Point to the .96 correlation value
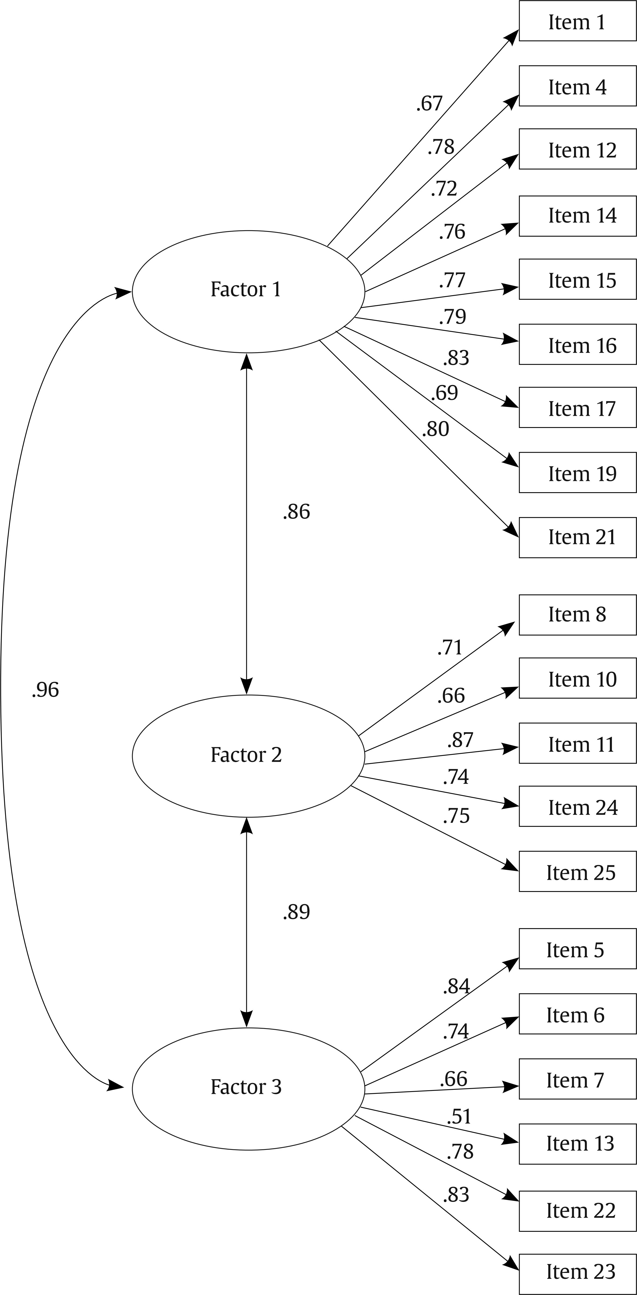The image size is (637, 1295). click(x=45, y=690)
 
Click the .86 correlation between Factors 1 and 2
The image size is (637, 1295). click(x=296, y=512)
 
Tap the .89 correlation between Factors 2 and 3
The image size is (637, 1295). click(x=296, y=912)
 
